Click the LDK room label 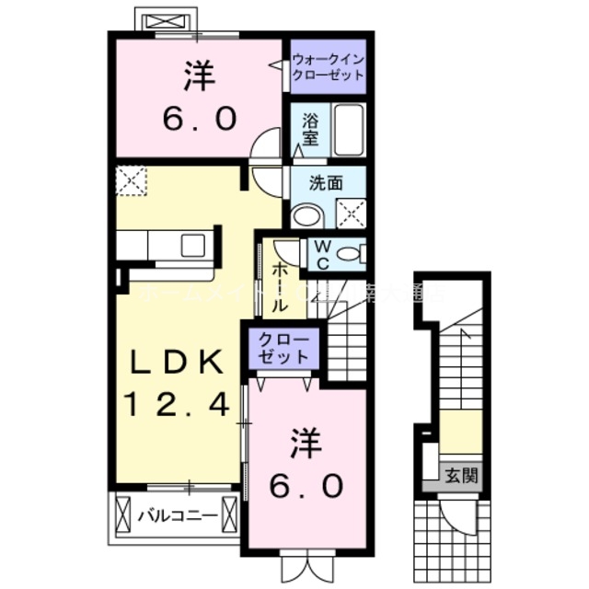coord(174,362)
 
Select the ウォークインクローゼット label coord(328,66)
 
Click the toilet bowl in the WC coord(349,253)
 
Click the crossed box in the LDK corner coord(132,180)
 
